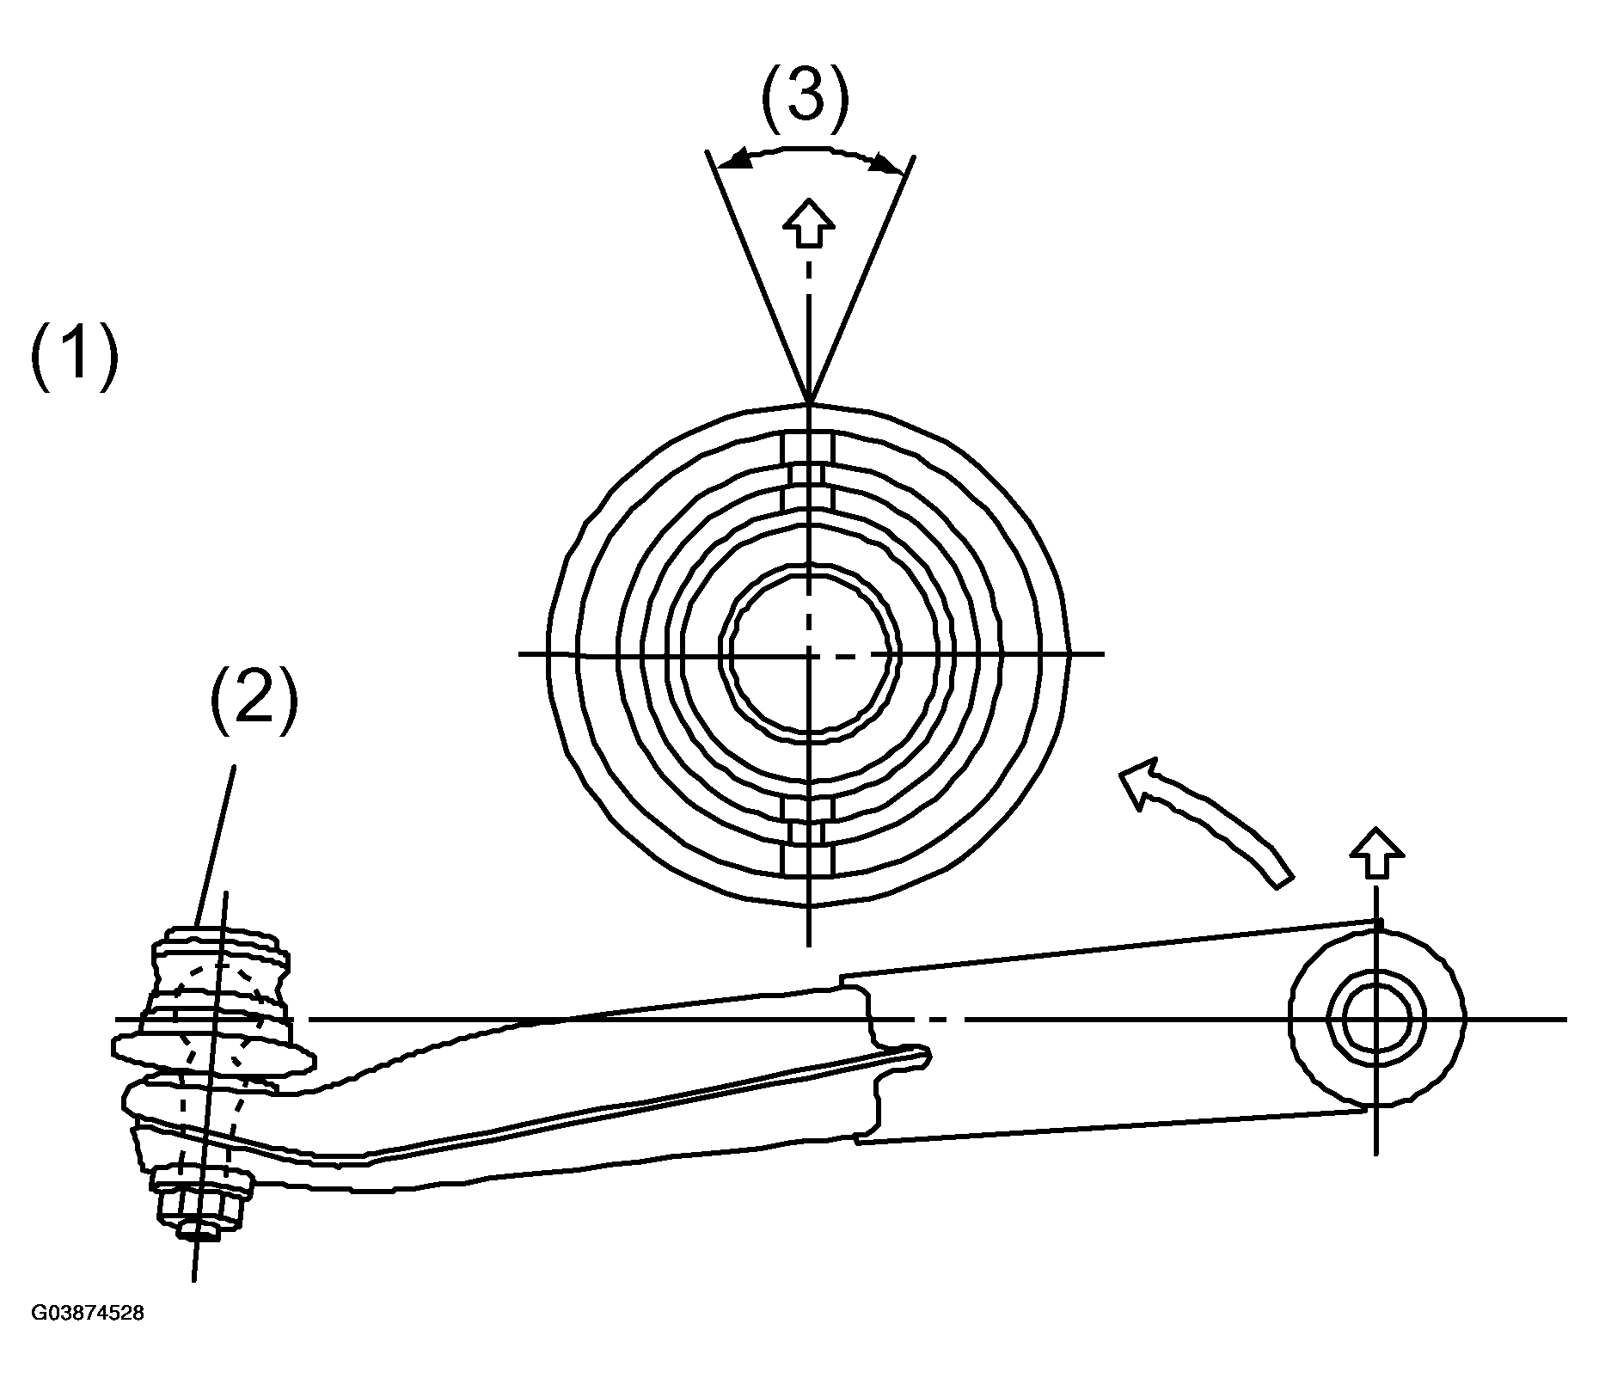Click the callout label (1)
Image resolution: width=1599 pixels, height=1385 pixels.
74,356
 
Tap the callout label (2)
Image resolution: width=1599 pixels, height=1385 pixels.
254,703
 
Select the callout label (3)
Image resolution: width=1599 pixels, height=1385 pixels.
806,96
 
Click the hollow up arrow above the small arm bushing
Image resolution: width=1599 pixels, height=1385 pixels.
1376,854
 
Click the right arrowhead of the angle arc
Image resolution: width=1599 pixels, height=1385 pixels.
885,162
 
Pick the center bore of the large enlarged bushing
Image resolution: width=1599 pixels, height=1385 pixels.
809,653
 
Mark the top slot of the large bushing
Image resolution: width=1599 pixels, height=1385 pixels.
808,474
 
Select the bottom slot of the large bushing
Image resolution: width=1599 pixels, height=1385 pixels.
808,835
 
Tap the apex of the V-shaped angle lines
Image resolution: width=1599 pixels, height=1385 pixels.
809,403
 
